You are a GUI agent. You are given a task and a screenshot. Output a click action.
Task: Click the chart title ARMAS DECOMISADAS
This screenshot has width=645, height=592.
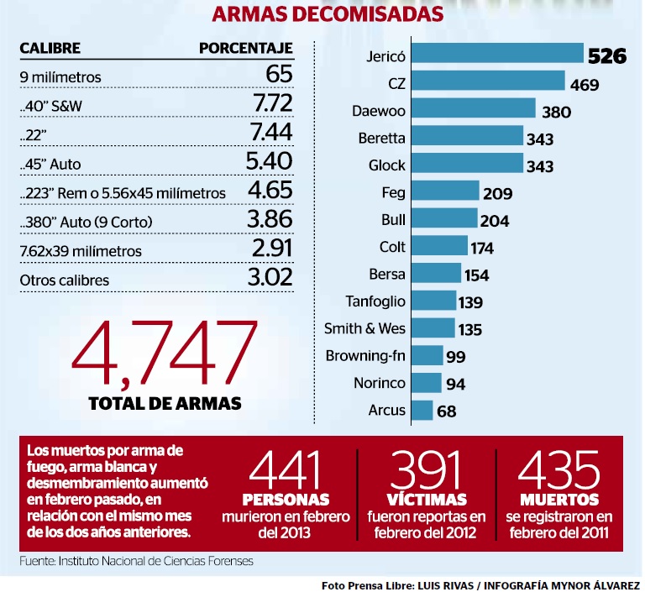(x=328, y=14)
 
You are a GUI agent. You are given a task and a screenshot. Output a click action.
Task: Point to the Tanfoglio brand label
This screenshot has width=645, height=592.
(x=375, y=301)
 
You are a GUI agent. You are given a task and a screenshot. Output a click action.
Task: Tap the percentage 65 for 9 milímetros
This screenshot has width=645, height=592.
(x=279, y=76)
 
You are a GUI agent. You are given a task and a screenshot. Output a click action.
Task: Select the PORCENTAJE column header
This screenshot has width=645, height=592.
(x=245, y=48)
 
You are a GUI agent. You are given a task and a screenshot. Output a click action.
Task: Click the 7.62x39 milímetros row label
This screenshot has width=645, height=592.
(x=81, y=250)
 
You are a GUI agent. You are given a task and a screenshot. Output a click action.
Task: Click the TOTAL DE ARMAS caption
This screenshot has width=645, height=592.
(x=165, y=403)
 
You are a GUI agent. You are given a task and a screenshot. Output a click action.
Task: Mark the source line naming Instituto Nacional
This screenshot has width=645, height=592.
(x=136, y=560)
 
